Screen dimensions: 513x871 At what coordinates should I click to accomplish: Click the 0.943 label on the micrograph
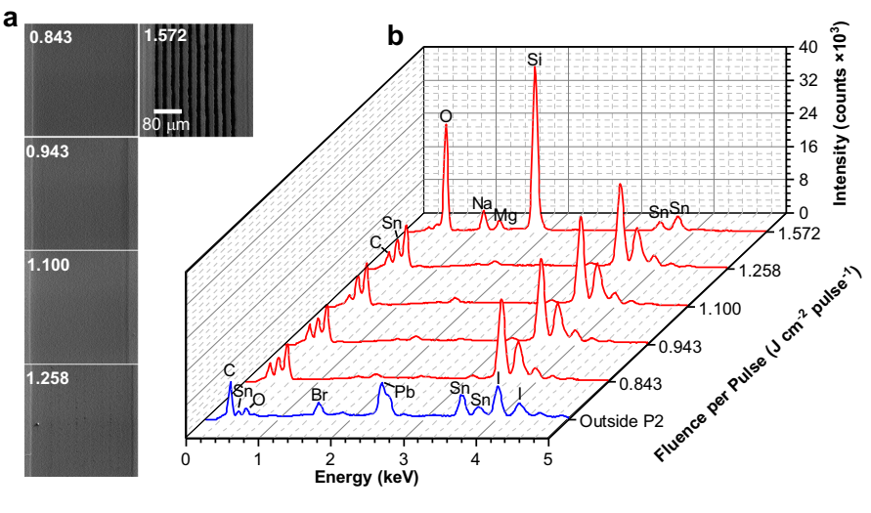point(49,153)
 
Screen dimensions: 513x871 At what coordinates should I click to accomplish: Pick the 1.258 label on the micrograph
point(49,379)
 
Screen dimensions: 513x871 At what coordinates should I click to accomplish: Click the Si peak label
point(535,60)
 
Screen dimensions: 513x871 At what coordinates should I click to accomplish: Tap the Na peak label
point(483,203)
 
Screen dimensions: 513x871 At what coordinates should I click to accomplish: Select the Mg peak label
point(505,214)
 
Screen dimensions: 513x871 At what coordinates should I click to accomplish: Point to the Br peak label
point(319,395)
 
